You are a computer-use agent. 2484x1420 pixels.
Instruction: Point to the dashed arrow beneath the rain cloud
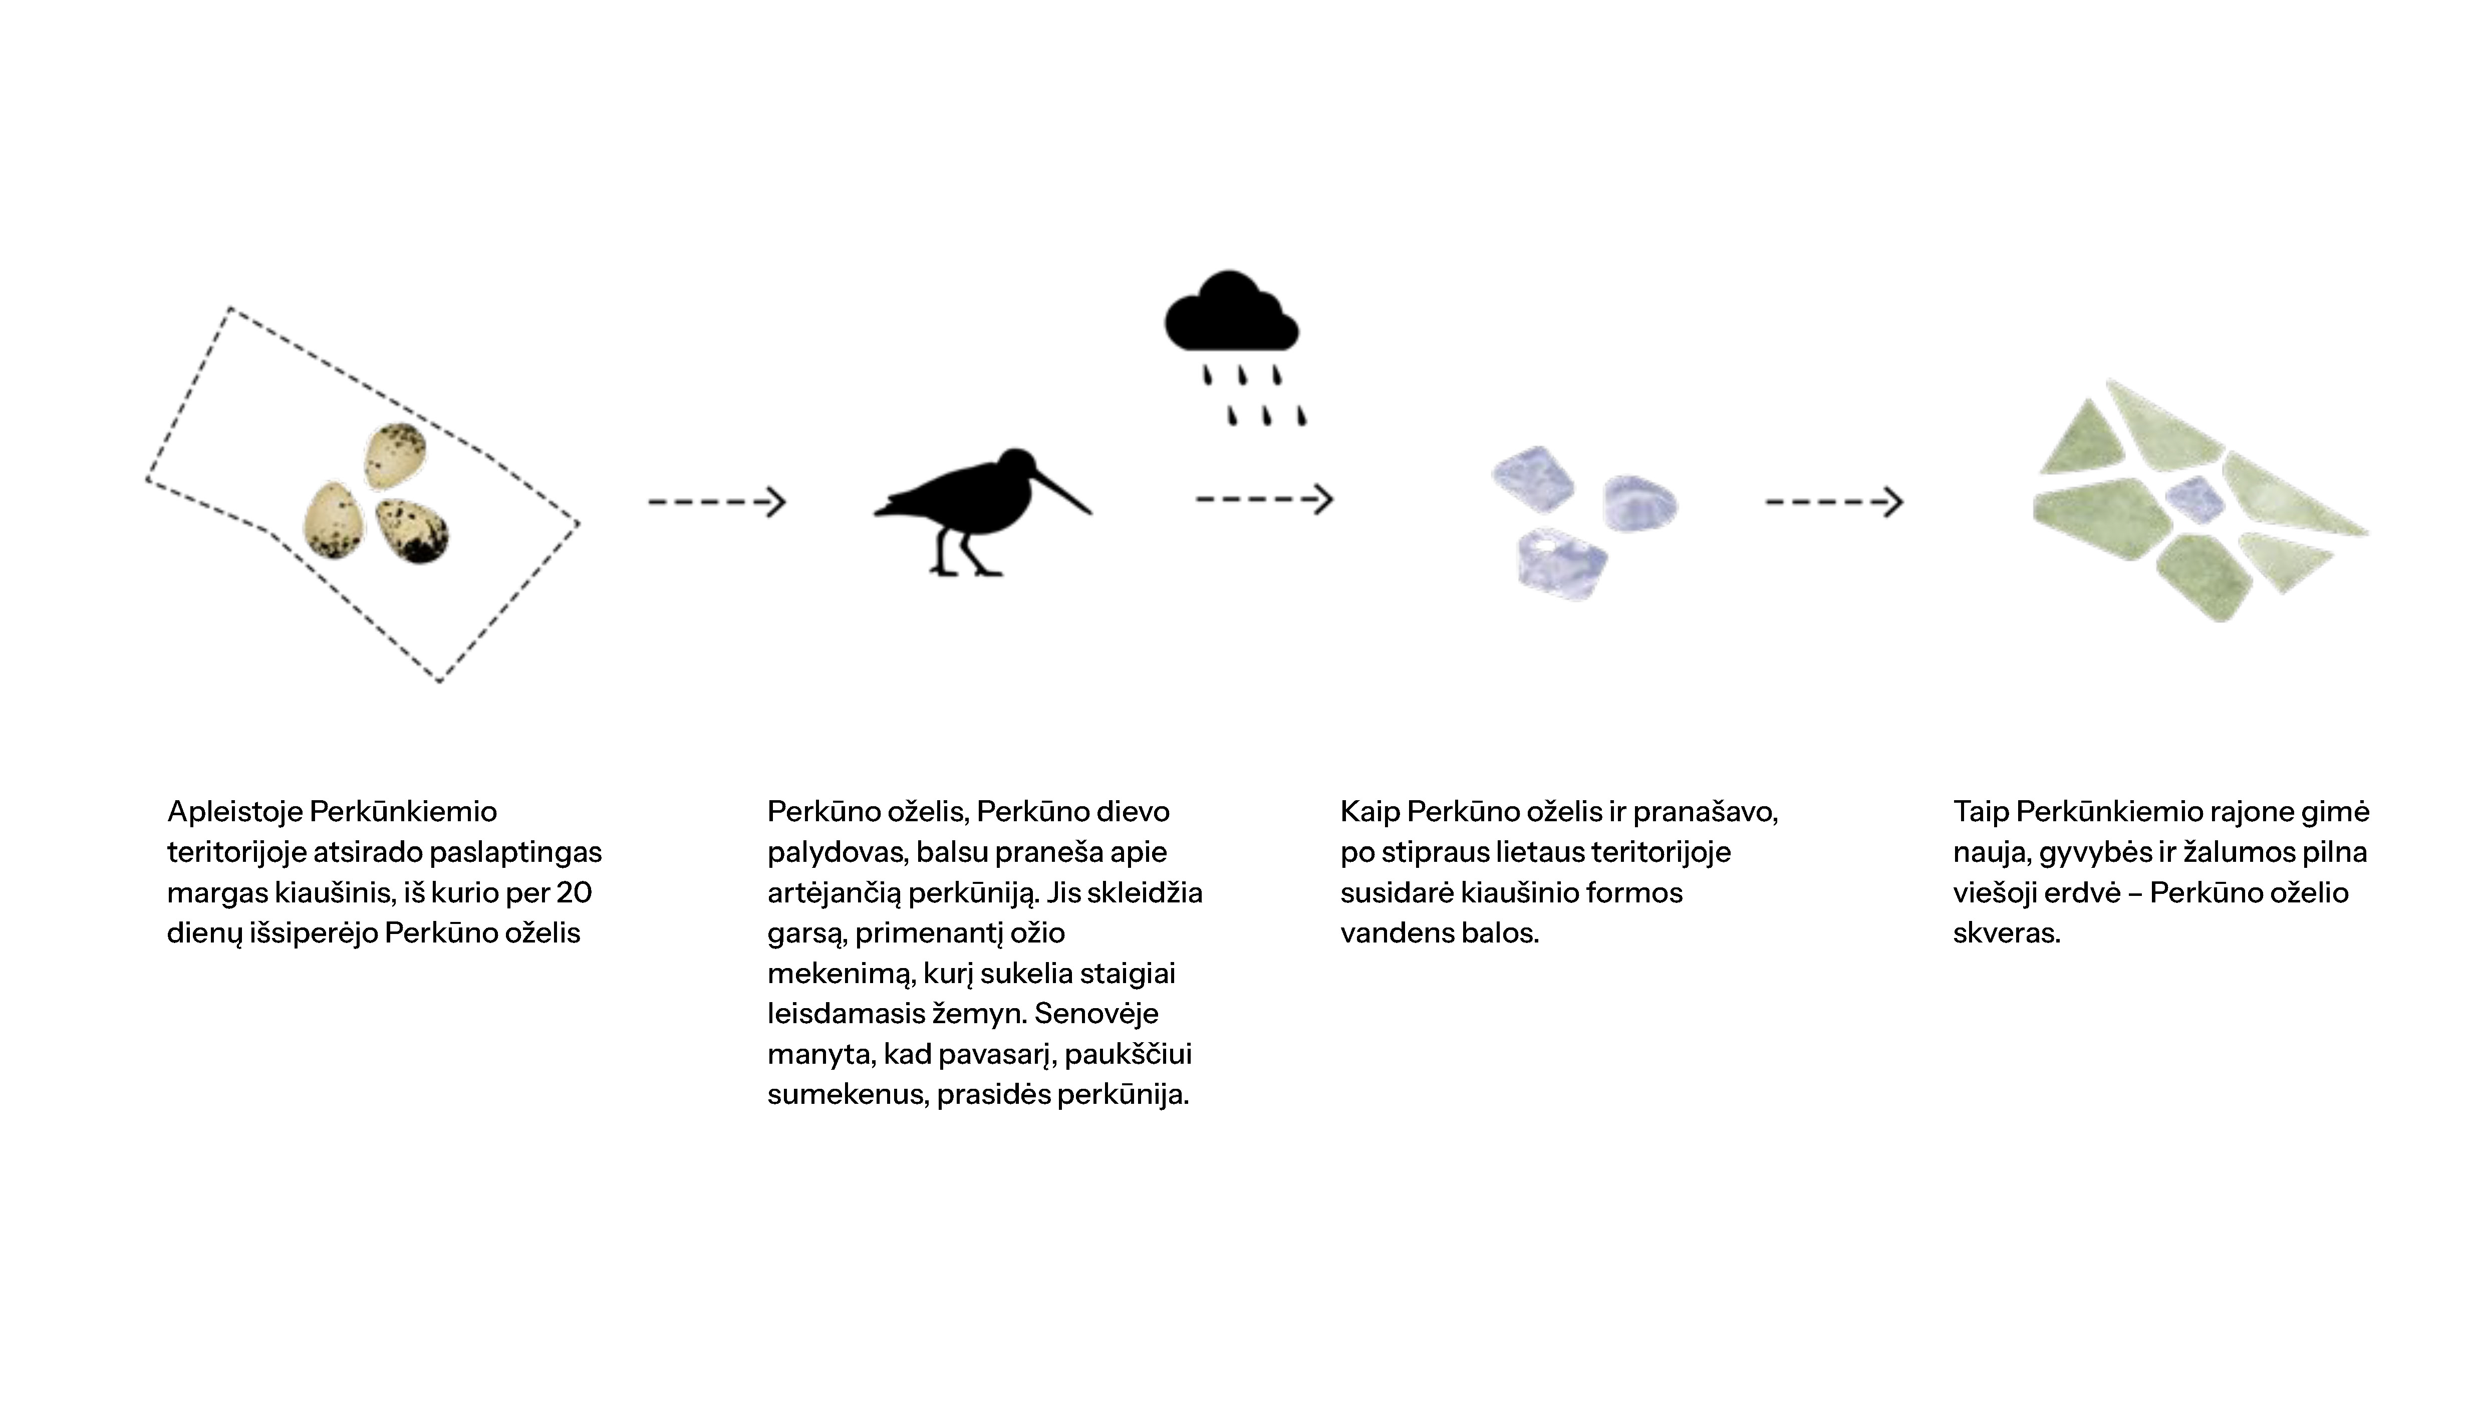[1263, 500]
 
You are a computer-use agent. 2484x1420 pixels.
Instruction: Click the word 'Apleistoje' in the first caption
[234, 811]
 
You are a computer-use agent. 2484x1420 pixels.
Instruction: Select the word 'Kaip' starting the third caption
[1369, 811]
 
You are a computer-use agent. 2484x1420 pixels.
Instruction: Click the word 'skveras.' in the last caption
[2006, 933]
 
